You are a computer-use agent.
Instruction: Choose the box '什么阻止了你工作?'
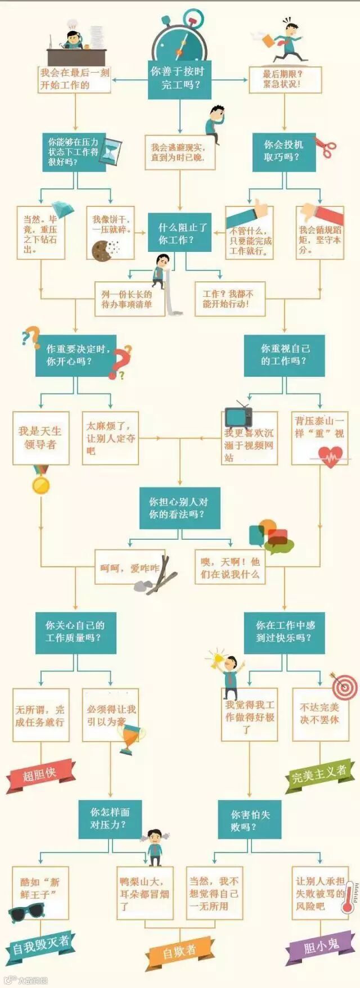pyautogui.click(x=179, y=233)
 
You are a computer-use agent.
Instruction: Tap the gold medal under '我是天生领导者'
pyautogui.click(x=40, y=483)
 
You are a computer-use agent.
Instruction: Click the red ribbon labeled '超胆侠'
pyautogui.click(x=40, y=774)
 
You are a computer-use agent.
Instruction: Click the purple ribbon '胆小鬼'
pyautogui.click(x=321, y=948)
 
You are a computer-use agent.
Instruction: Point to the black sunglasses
pyautogui.click(x=26, y=912)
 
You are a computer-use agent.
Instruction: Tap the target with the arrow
pyautogui.click(x=344, y=686)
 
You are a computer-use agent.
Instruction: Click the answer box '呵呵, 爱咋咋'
pyautogui.click(x=129, y=567)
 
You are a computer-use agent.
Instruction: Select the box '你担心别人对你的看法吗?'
pyautogui.click(x=179, y=508)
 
